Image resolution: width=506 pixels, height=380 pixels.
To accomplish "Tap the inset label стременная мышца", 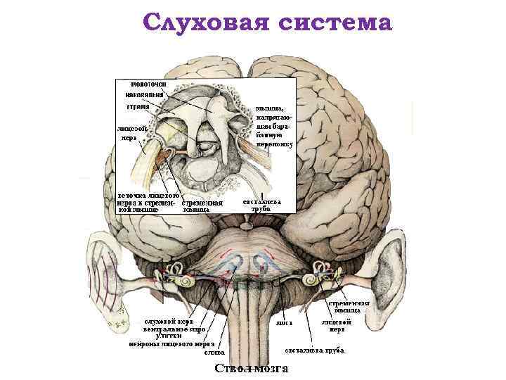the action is pyautogui.click(x=202, y=205).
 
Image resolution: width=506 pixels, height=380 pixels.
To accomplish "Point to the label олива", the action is pyautogui.click(x=214, y=352).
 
